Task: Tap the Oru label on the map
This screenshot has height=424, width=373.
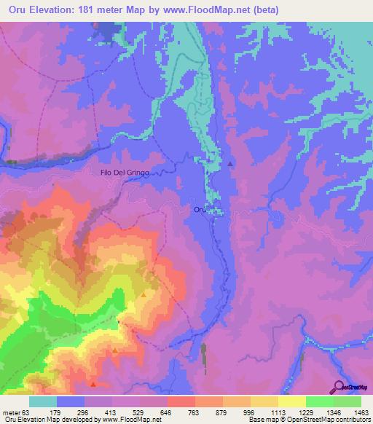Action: click(x=200, y=210)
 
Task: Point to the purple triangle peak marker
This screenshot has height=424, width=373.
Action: click(x=231, y=164)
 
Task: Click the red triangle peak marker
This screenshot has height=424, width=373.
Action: click(x=93, y=383)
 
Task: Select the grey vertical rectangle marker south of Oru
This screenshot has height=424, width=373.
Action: click(x=203, y=355)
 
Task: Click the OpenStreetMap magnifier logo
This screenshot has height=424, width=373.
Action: click(x=339, y=386)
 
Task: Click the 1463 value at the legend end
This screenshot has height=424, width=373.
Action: click(x=361, y=412)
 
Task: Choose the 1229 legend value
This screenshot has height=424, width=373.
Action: click(x=306, y=412)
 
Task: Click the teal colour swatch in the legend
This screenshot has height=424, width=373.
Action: click(x=43, y=401)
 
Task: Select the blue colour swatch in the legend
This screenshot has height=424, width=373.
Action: click(x=71, y=401)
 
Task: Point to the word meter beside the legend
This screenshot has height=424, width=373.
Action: click(x=10, y=412)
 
